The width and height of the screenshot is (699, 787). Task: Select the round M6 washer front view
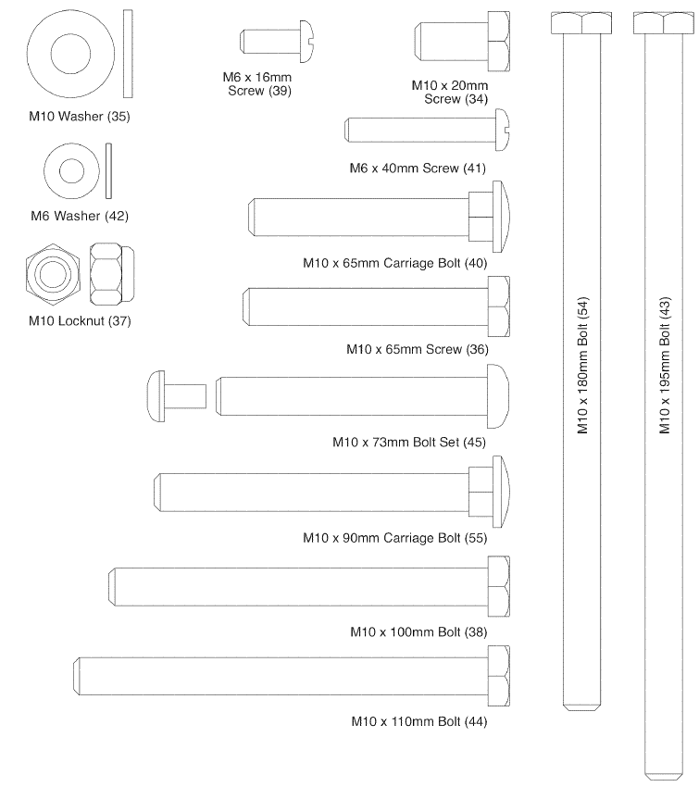[x=70, y=170]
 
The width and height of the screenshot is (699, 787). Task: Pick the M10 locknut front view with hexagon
[x=49, y=275]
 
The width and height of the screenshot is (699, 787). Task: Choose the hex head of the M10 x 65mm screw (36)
[x=498, y=306]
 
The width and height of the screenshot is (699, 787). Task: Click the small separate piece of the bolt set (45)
[x=175, y=395]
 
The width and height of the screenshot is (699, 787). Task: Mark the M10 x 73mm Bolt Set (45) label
[x=408, y=442]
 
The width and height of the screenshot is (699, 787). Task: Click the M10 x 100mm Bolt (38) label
[x=418, y=632]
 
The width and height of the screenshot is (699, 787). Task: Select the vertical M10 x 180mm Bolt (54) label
[x=583, y=370]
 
